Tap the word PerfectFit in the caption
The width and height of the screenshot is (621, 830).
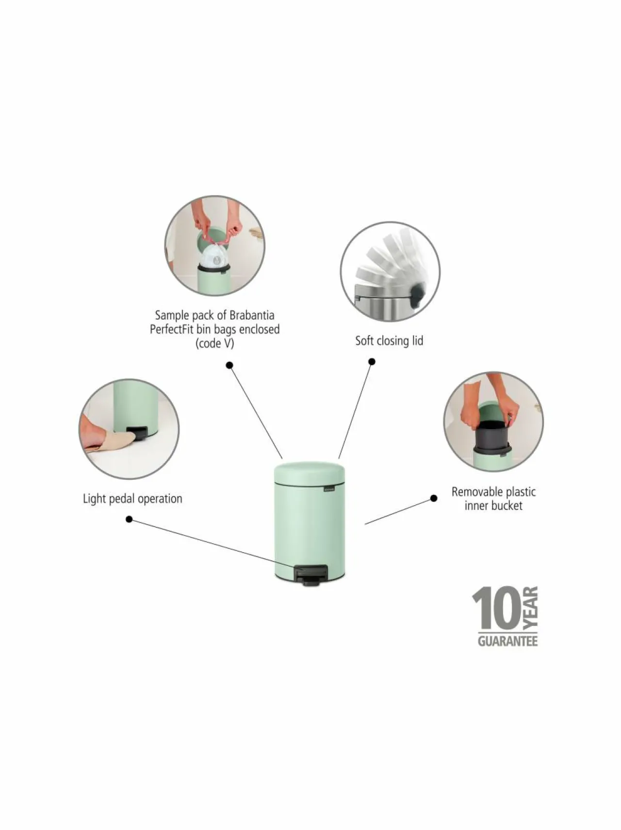[171, 330]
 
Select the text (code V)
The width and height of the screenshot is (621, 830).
[214, 344]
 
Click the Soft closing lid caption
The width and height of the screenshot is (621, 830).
[389, 341]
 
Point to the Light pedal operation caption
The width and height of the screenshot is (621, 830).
[132, 499]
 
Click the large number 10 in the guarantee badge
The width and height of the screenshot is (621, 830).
[496, 609]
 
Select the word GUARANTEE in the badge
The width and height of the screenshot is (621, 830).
[507, 641]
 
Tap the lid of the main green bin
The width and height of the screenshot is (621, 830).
[309, 473]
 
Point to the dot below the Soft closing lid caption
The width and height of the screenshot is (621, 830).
[372, 361]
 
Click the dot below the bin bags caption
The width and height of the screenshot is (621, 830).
[229, 365]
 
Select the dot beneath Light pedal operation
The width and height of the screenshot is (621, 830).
[129, 519]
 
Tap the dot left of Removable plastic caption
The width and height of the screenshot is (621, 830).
[434, 498]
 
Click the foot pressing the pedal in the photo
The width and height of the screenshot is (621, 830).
[109, 439]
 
